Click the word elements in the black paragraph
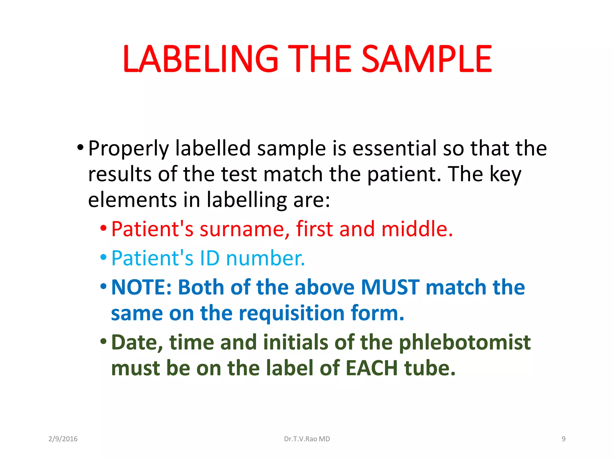(132, 200)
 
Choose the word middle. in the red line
(417, 229)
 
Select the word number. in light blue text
(266, 258)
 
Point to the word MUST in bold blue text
(390, 287)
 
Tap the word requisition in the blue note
(292, 313)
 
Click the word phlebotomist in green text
(465, 342)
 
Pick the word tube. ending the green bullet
(430, 368)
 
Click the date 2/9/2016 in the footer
(63, 439)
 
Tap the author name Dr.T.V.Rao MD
(307, 439)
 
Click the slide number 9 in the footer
(564, 439)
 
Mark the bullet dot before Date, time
(103, 341)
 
